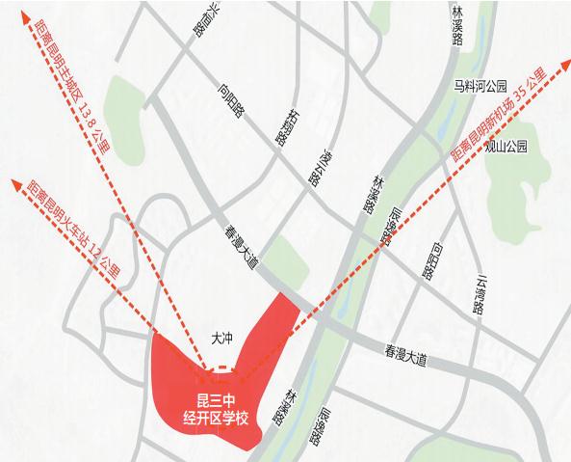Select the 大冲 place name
click(222, 339)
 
